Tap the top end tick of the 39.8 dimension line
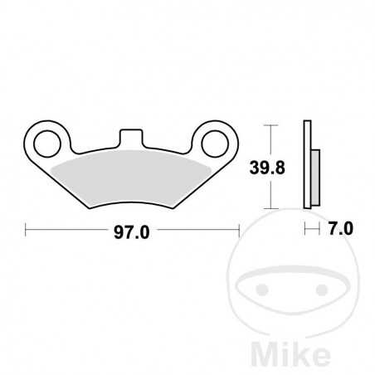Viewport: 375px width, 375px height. click(268, 124)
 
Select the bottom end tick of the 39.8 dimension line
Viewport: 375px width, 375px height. click(268, 208)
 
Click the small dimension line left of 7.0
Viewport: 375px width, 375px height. click(311, 228)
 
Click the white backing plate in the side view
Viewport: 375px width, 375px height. click(307, 166)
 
